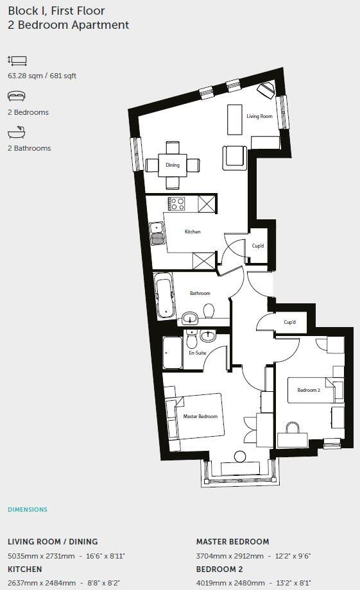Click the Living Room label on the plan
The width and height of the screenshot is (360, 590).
(x=259, y=116)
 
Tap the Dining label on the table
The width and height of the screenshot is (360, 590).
(x=173, y=165)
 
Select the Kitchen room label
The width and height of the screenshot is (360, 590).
(x=193, y=232)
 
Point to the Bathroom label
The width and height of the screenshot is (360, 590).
(x=200, y=293)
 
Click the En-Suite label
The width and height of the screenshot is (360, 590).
(x=196, y=353)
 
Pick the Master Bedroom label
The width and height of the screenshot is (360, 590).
(x=200, y=416)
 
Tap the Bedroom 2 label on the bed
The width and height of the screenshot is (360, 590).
(x=308, y=390)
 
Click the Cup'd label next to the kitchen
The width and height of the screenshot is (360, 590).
(x=257, y=246)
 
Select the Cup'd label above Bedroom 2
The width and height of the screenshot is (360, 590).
(x=289, y=322)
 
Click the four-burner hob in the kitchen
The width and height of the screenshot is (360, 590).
(x=176, y=204)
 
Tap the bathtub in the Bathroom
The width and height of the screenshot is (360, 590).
(x=164, y=296)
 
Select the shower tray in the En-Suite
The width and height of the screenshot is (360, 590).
(x=172, y=353)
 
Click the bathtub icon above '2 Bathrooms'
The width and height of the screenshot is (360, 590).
(x=17, y=133)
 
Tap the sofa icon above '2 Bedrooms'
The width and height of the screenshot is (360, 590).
(x=17, y=96)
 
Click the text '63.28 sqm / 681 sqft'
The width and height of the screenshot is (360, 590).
(x=42, y=76)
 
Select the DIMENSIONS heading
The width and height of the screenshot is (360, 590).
(x=28, y=510)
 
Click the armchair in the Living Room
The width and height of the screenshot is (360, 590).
(x=234, y=157)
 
